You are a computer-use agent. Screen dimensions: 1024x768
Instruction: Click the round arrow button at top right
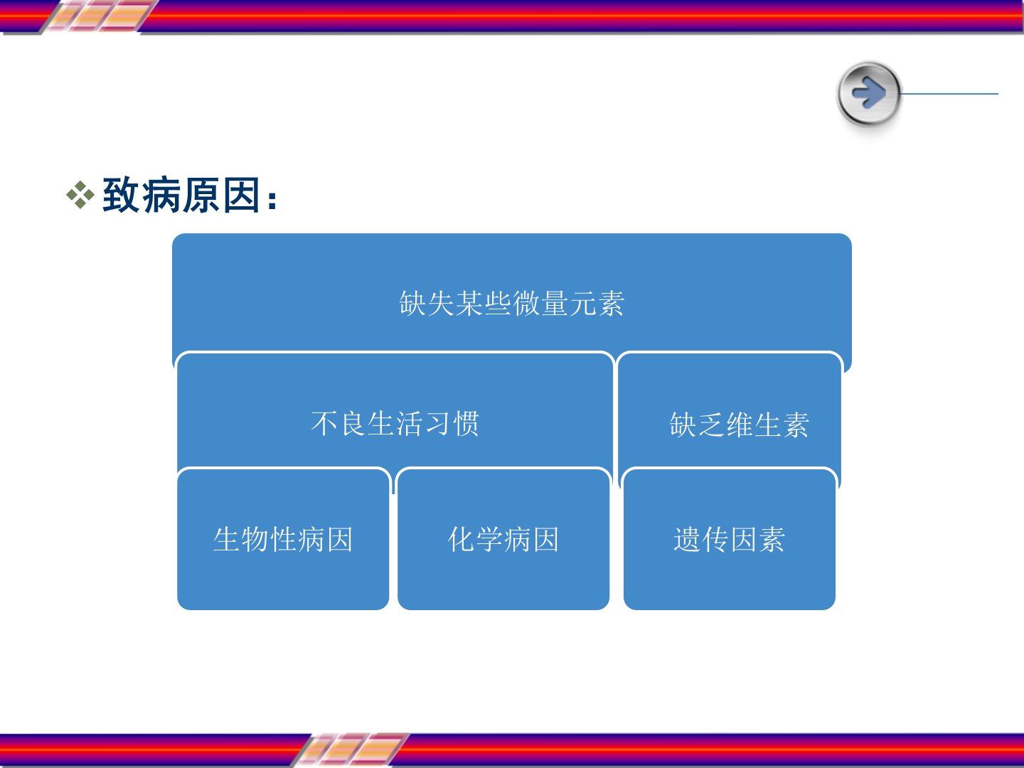pos(869,93)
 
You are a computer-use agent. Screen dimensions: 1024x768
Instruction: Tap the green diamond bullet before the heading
pos(80,194)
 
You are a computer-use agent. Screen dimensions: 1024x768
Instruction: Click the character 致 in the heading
pos(121,195)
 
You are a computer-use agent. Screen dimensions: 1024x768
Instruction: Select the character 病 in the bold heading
pos(161,195)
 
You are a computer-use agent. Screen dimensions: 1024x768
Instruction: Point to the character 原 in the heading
pos(201,195)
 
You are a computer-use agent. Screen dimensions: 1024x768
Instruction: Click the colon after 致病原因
pos(272,200)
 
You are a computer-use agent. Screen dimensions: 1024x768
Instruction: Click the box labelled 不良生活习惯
pos(395,410)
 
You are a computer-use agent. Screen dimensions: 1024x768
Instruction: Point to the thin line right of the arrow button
pos(949,94)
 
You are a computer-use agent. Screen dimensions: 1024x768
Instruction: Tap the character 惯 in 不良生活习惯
pos(466,423)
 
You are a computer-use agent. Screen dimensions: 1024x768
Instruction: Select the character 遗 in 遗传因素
pos(687,540)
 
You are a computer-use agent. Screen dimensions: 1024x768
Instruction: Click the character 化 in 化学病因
pos(462,540)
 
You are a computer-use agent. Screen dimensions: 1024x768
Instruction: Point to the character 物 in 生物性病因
pos(255,540)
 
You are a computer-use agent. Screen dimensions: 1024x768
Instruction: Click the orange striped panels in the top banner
pos(100,16)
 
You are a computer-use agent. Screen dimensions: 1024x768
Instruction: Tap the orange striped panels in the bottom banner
pos(351,750)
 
